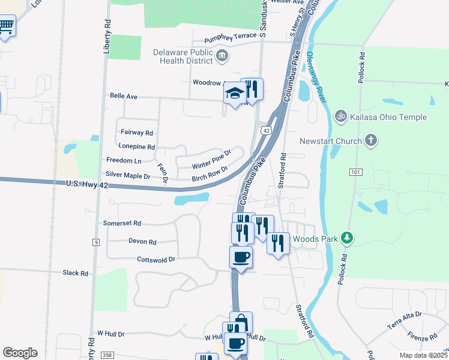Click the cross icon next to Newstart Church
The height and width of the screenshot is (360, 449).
372,141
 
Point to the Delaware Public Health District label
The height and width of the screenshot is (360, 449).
183,56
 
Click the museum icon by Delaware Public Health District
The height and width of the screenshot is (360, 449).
223,56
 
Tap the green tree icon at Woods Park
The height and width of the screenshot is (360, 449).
346,239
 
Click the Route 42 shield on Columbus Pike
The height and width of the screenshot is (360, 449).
265,130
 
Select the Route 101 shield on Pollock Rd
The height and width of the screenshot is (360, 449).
356,172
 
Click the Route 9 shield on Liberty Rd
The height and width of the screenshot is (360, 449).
95,242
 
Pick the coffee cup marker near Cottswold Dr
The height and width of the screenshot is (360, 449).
241,257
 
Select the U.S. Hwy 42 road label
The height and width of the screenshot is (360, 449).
87,185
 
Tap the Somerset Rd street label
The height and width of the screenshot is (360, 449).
122,223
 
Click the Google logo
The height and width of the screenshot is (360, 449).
20,353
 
